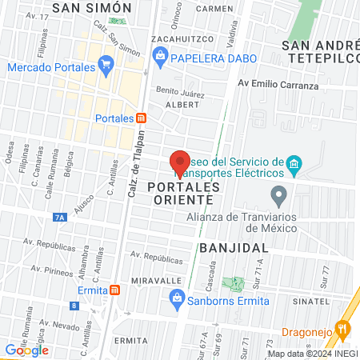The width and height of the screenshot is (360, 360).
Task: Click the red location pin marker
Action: coord(180,159)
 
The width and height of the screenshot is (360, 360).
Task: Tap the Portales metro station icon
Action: coord(141,118)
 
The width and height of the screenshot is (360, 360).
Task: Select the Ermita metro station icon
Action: coord(115,289)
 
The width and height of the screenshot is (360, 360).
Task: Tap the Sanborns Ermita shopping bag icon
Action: coord(177,302)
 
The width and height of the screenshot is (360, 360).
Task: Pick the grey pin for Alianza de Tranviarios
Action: coord(278,194)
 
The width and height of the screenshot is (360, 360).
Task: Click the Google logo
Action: coord(26,350)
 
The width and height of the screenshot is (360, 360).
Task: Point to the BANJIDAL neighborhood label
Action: coord(234,248)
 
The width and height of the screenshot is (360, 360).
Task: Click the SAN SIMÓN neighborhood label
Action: coord(90,7)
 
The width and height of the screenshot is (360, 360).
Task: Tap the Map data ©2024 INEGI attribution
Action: coord(312,353)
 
